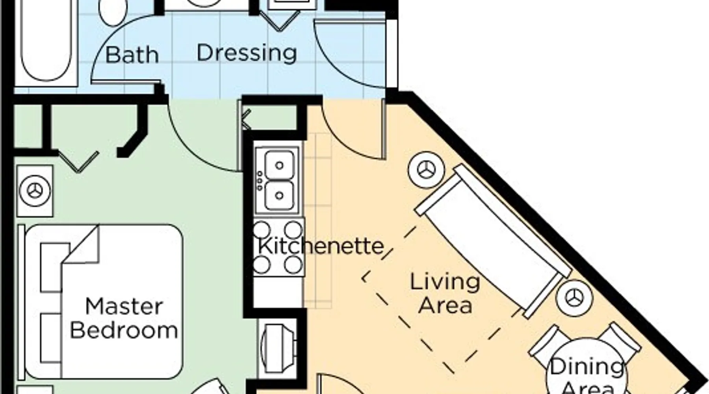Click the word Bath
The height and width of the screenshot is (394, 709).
(x=132, y=55)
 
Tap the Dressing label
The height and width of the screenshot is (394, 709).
(x=247, y=54)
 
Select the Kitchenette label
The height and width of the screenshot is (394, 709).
(x=321, y=246)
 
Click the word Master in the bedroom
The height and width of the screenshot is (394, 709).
(x=124, y=307)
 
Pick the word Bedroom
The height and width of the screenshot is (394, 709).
(x=124, y=330)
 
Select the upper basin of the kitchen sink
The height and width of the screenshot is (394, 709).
(x=279, y=165)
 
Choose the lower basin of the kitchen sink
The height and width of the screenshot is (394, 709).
(x=279, y=195)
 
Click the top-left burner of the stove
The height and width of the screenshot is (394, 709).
(x=262, y=229)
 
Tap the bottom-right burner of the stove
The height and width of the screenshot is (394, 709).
(x=293, y=265)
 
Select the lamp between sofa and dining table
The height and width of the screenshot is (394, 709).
(x=575, y=298)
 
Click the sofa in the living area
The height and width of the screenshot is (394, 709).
(x=493, y=241)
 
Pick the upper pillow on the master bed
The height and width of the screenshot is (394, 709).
(x=55, y=267)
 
